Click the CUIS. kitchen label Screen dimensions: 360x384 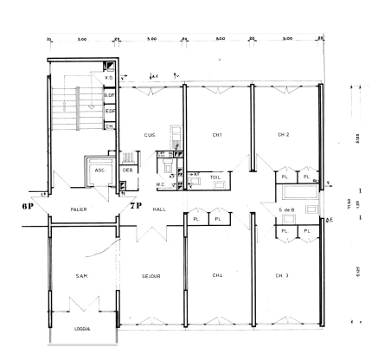[x=149, y=135]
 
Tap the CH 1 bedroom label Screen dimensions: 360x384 [x=218, y=135]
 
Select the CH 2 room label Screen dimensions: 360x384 [x=283, y=135]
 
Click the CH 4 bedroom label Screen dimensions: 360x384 [x=218, y=275]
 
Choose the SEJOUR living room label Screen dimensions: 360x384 [x=153, y=276]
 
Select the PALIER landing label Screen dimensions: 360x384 [x=80, y=209]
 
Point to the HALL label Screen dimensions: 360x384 [x=157, y=209]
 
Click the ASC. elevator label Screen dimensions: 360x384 [x=99, y=170]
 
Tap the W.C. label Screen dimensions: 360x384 [x=161, y=183]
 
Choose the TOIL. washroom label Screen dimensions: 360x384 [x=215, y=177]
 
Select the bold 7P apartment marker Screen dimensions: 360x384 [x=134, y=208]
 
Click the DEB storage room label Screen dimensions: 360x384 [x=127, y=170]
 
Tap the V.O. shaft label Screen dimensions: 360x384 [x=110, y=78]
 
